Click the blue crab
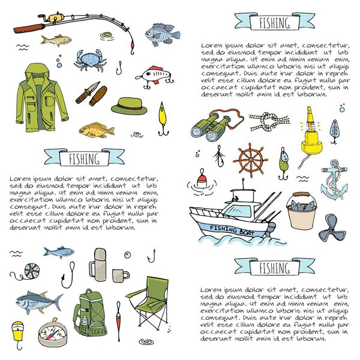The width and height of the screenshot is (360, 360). [x=90, y=60]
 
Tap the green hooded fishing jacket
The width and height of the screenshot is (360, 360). [x=41, y=99]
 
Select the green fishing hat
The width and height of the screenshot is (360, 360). [x=129, y=106]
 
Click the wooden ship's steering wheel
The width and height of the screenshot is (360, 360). [x=250, y=160]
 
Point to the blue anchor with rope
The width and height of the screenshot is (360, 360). [x=334, y=180]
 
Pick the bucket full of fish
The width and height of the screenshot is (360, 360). [x=302, y=211]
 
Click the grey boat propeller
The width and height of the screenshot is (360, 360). [x=331, y=228]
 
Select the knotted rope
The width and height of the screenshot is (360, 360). [x=269, y=121]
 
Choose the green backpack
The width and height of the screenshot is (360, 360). [x=90, y=313]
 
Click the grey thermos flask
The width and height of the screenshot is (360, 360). [x=98, y=265]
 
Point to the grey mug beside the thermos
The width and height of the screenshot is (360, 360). [x=121, y=275]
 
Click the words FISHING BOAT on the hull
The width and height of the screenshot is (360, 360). [x=232, y=231]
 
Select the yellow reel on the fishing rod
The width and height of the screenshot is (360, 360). [x=56, y=17]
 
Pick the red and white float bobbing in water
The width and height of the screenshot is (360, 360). [x=202, y=178]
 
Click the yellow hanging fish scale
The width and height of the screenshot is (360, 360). [x=18, y=333]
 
